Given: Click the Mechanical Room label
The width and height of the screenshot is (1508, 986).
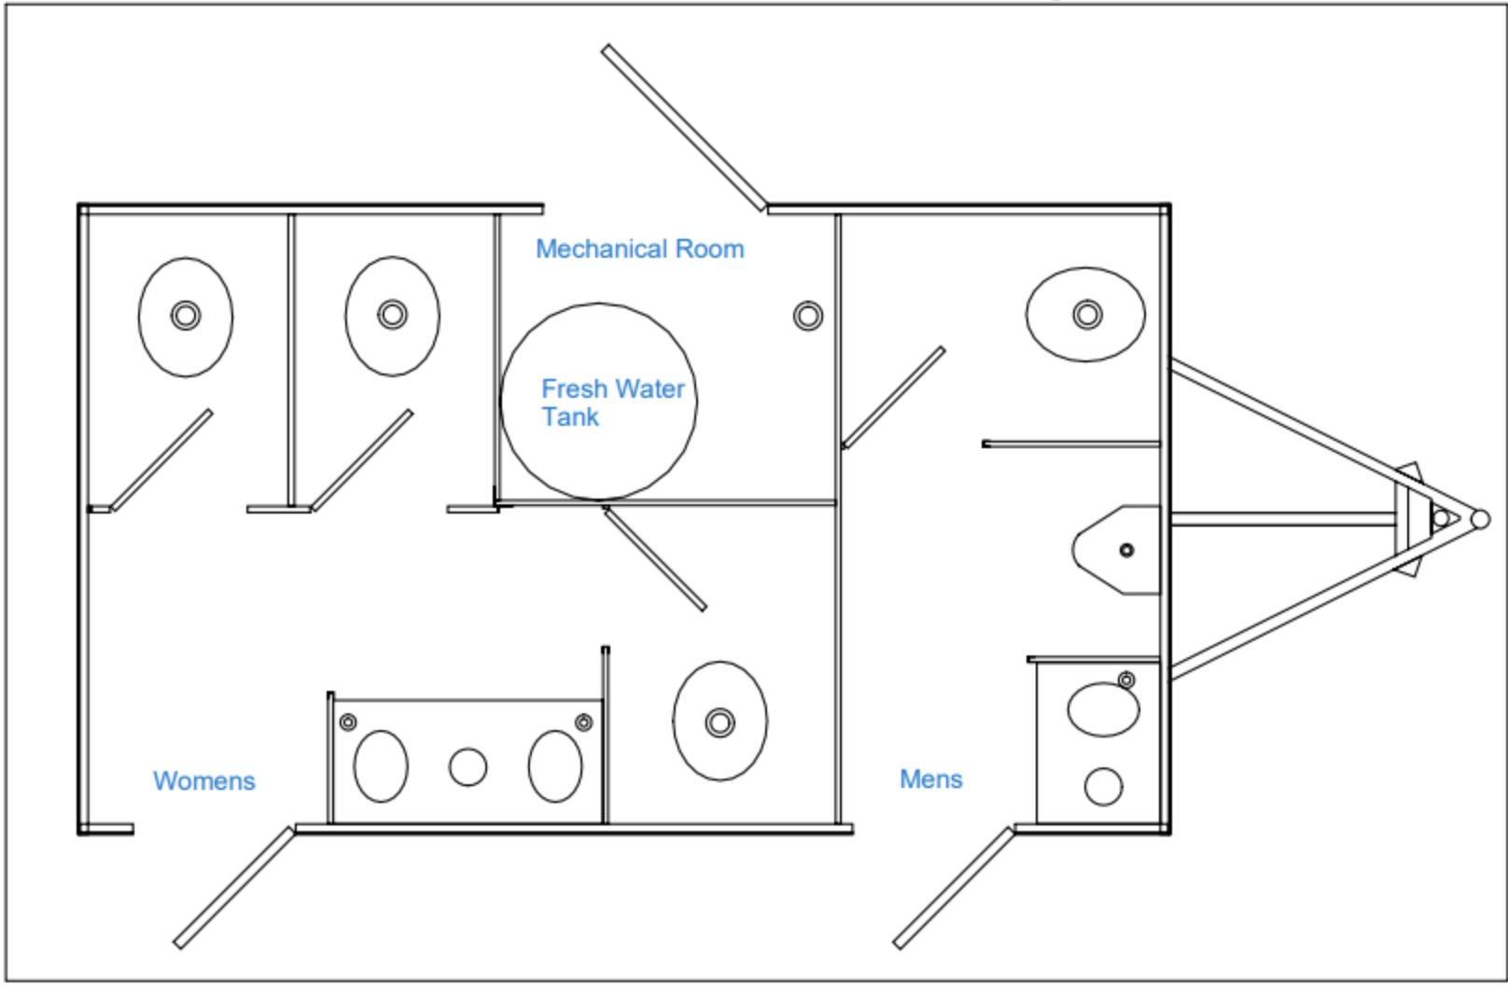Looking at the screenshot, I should (x=640, y=249).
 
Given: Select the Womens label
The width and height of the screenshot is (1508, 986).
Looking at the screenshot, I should (x=203, y=781).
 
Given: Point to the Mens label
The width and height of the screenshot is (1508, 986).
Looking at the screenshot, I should (x=930, y=779).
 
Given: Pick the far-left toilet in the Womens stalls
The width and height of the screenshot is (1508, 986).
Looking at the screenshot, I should (x=186, y=317).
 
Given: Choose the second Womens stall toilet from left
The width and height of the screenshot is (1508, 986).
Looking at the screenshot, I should (x=392, y=316).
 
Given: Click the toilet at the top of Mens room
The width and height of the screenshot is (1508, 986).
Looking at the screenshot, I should (x=1085, y=314).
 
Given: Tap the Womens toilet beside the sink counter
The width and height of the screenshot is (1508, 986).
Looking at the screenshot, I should (x=719, y=722).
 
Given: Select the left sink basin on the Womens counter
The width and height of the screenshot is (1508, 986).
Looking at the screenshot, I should (x=381, y=766).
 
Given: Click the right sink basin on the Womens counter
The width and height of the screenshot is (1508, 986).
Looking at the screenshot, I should (x=555, y=766).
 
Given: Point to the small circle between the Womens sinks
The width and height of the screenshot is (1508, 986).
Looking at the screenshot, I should (x=468, y=767).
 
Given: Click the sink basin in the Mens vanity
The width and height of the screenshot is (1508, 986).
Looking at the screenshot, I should (x=1103, y=710).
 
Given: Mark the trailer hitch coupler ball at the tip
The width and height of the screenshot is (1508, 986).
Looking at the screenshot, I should (x=1480, y=519).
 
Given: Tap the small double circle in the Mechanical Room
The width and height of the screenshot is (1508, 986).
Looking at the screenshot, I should (x=808, y=316).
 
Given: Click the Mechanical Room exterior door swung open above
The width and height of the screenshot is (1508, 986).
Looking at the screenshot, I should (x=684, y=127).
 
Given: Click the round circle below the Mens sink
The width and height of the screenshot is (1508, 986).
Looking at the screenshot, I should (x=1103, y=786).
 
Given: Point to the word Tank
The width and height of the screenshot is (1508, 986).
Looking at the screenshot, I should (x=570, y=417).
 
